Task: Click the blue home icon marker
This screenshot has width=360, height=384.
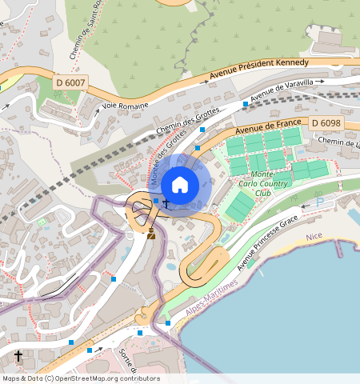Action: (180, 185)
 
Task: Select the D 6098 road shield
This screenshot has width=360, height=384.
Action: (326, 122)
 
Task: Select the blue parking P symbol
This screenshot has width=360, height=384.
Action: (321, 203)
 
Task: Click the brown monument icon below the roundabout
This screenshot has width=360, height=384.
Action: (151, 233)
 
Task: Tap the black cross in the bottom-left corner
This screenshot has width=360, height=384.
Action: (18, 355)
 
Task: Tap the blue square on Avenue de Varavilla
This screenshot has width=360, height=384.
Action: (245, 103)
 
